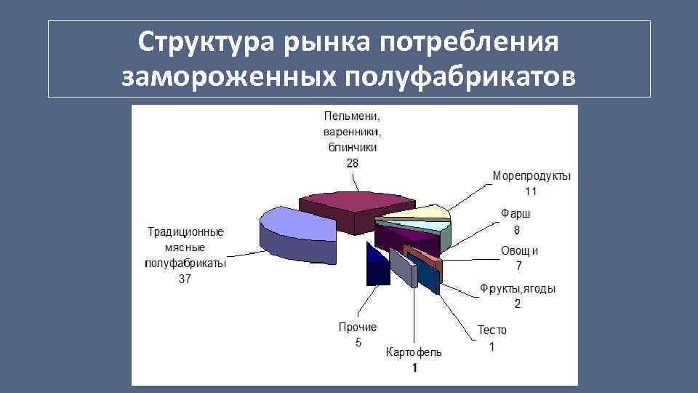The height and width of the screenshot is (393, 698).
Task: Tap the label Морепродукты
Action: [x=531, y=176]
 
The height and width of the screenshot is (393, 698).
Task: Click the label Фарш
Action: [x=516, y=214]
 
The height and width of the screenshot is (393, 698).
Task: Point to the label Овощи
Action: [x=519, y=251]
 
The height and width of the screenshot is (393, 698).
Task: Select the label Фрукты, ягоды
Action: [x=518, y=289]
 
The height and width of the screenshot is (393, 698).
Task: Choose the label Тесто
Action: [x=492, y=330]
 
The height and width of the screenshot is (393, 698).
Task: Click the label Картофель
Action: [x=413, y=352]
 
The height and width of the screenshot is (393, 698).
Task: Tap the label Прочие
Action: [x=358, y=327]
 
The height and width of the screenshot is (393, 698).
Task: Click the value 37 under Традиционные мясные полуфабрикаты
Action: [x=185, y=279]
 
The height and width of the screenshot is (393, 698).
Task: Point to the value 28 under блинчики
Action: [x=351, y=163]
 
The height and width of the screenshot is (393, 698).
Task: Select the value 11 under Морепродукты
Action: [x=531, y=191]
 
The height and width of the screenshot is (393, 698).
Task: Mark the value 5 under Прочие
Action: [x=358, y=343]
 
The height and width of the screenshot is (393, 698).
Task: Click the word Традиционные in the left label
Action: [x=185, y=232]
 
